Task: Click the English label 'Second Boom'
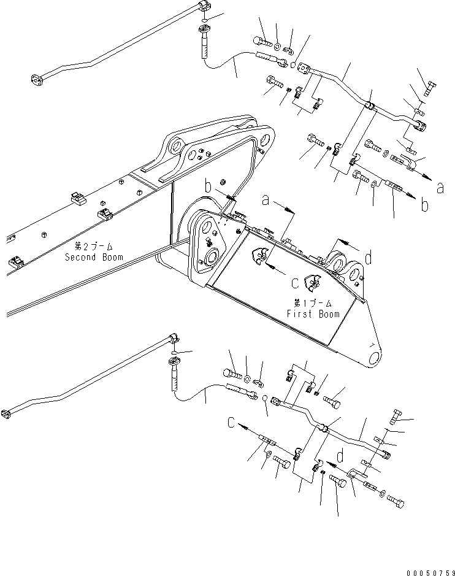(x=94, y=257)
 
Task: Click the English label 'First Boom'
(x=313, y=314)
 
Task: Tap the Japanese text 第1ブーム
(x=313, y=304)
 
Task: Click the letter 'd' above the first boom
(x=368, y=259)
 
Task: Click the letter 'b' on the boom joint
(x=207, y=186)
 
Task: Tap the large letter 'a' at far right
(x=439, y=188)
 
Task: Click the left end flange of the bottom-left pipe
(x=6, y=413)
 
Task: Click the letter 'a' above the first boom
(x=266, y=200)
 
